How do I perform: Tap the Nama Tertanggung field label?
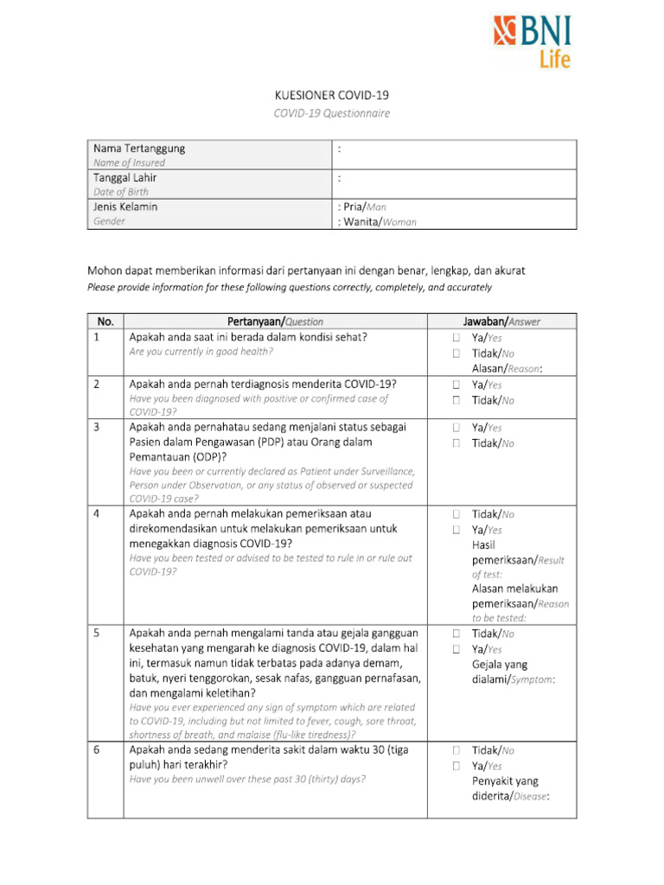point(139,149)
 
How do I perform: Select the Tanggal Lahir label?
point(125,177)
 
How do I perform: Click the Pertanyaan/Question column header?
point(275,322)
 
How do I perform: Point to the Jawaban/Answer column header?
point(501,322)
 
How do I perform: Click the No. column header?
point(105,322)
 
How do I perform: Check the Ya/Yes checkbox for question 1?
point(455,338)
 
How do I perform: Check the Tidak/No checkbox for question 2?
point(455,400)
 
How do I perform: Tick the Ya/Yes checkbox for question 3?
point(455,427)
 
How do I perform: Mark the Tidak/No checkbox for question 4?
point(455,514)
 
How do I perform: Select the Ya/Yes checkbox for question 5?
point(455,649)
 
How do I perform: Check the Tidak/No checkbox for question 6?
point(455,750)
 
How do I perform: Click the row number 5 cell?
point(105,634)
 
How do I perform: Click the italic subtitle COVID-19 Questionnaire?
point(332,113)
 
